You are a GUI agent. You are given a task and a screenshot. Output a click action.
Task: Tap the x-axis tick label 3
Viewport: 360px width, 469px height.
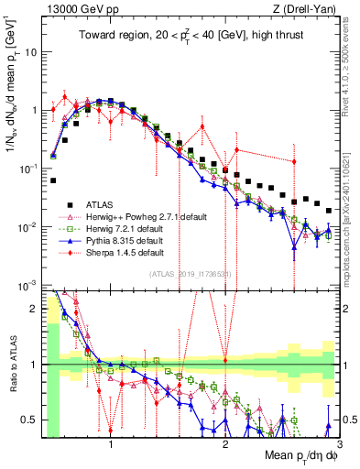[x=338, y=444]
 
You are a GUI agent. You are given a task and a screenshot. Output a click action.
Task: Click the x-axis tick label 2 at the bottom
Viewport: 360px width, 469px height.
[x=225, y=444]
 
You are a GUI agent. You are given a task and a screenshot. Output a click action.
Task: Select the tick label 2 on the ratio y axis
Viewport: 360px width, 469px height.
[x=35, y=309]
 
